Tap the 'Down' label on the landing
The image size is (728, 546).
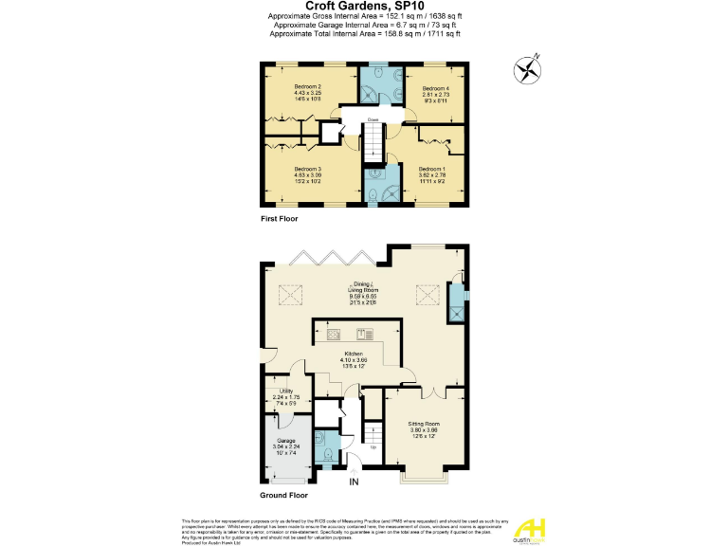coord(361,120)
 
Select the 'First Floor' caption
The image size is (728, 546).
coord(280,219)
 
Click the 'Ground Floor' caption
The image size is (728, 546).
coord(284,495)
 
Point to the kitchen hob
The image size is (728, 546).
coord(334,334)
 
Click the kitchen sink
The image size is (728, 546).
coord(364,334)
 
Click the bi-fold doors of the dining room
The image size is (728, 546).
coord(331,257)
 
